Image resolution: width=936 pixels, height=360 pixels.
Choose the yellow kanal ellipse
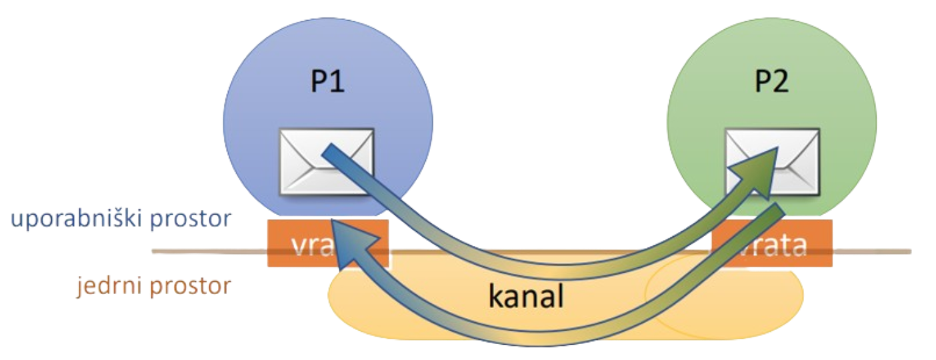point(413,313)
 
